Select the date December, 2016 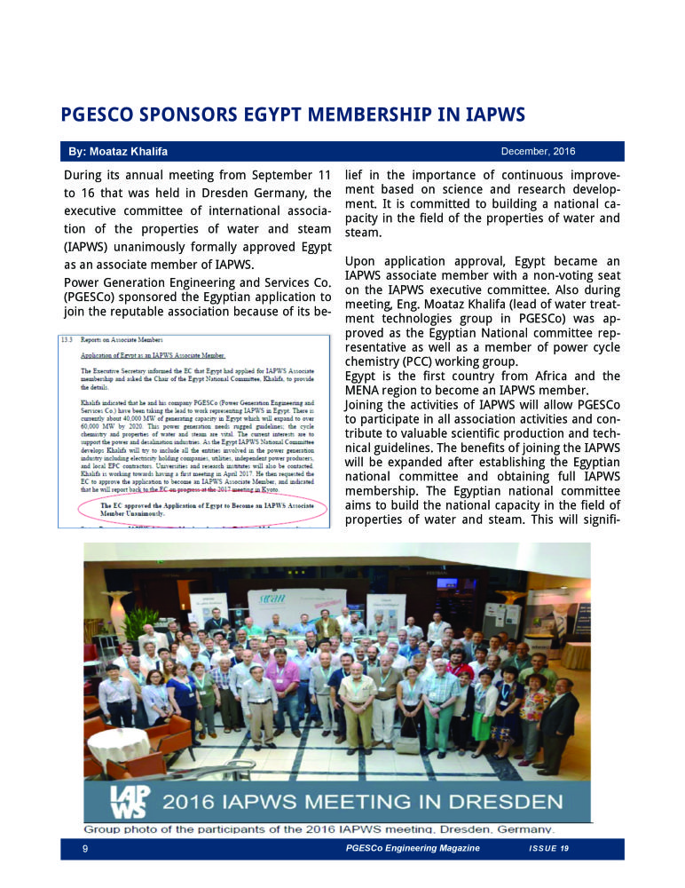pyautogui.click(x=539, y=151)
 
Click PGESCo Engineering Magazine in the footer pyautogui.click(x=413, y=850)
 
